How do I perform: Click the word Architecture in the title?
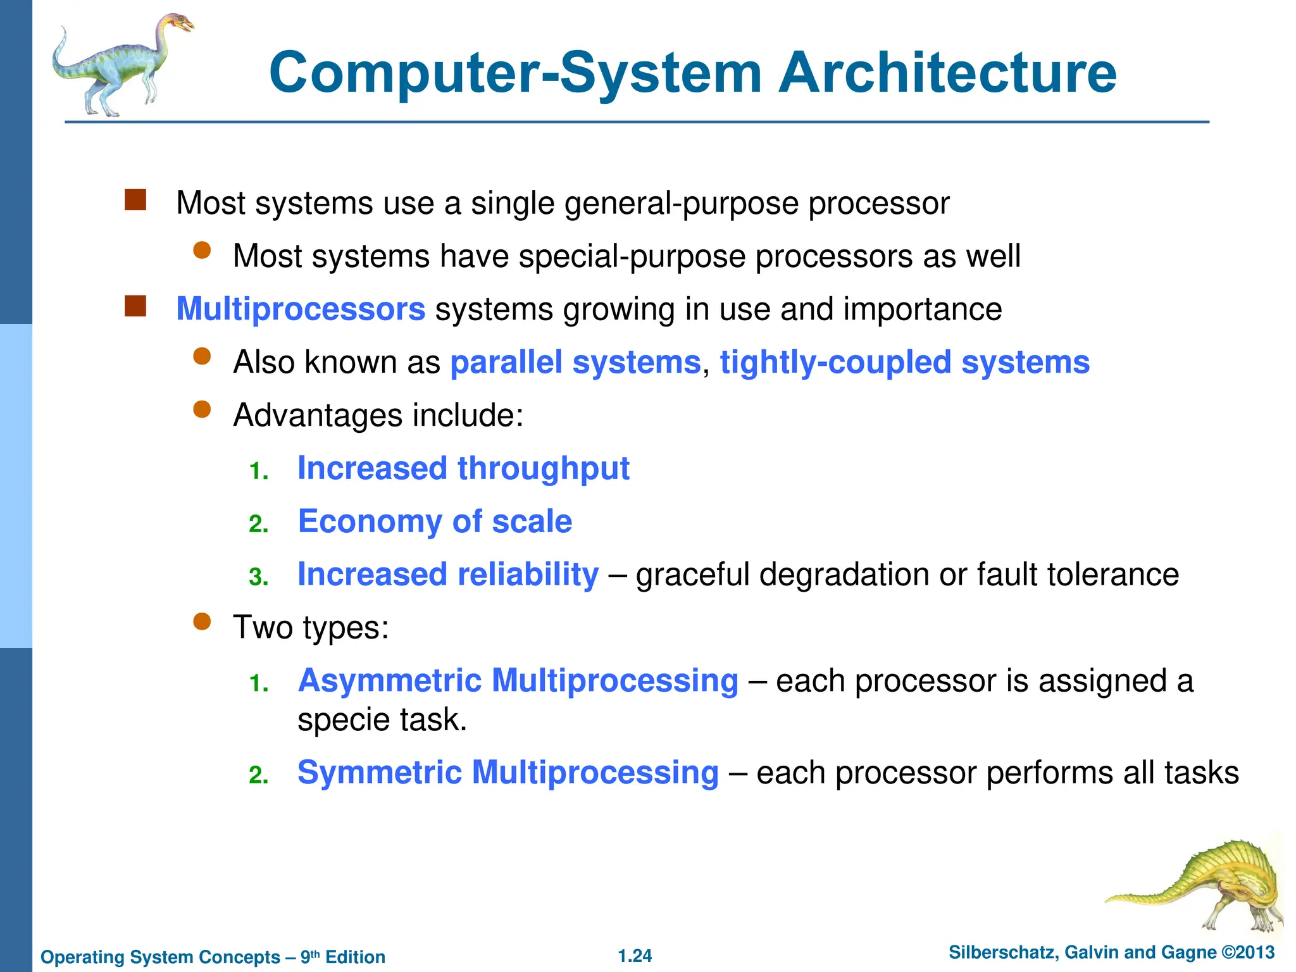click(947, 73)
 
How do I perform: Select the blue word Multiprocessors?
click(301, 309)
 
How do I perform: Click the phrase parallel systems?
click(575, 363)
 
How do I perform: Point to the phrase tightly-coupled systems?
click(905, 363)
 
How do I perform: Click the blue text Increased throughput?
click(463, 469)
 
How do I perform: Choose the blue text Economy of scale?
click(435, 522)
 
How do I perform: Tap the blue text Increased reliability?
click(448, 575)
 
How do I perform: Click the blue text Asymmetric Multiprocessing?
click(518, 681)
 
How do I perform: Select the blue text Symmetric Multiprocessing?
click(508, 773)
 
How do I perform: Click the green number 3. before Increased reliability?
click(258, 577)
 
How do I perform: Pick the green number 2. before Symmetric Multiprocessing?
click(258, 775)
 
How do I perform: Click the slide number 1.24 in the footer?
click(635, 956)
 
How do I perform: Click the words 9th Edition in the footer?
click(343, 957)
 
